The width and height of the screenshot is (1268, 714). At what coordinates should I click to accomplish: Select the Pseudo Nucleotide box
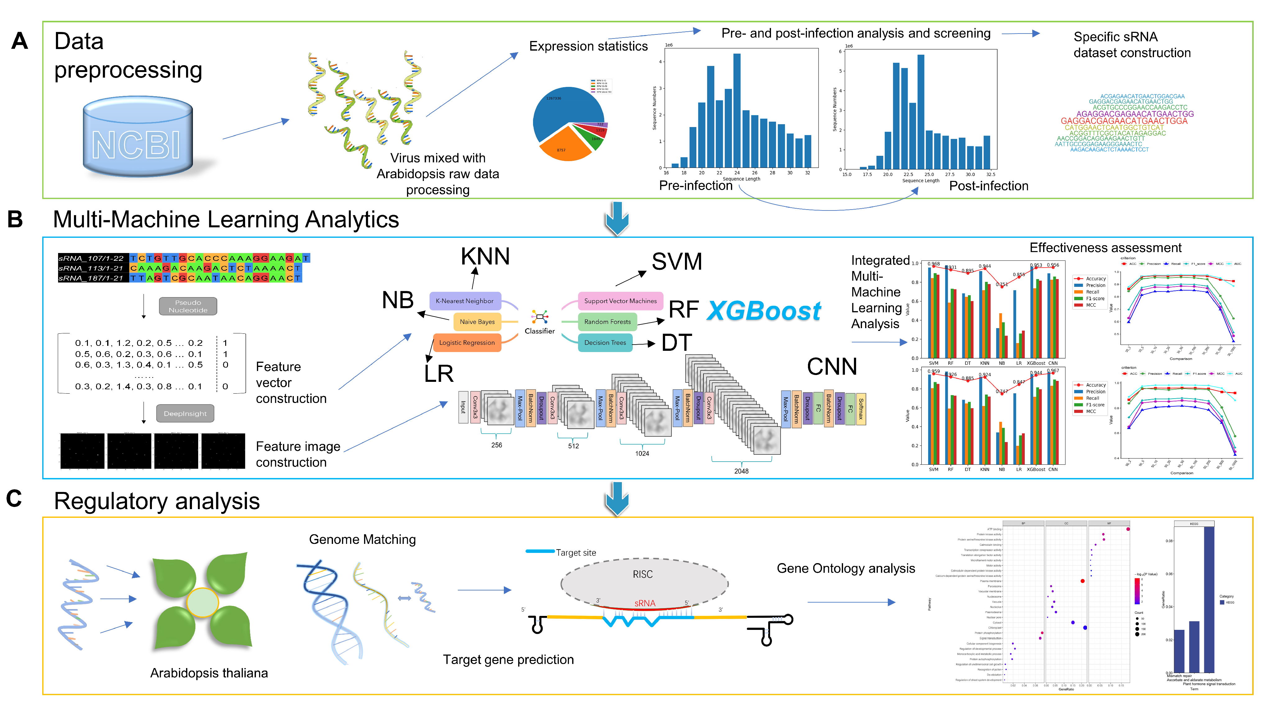188,306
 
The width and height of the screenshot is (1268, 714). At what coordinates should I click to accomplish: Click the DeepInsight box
185,413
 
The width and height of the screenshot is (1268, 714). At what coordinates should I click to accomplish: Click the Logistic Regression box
467,342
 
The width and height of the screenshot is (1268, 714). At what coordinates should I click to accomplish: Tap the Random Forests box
607,322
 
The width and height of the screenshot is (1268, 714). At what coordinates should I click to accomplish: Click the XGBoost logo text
764,311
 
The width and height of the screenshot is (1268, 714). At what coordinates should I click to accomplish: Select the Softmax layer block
861,409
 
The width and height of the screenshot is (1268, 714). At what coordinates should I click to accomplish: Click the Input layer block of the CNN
463,407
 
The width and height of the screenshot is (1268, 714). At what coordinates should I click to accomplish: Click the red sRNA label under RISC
644,603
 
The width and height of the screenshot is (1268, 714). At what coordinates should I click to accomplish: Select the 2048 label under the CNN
741,471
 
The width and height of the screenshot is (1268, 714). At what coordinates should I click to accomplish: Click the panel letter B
15,219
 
